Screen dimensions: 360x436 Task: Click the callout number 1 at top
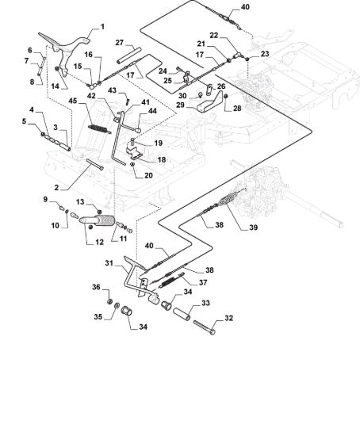click(x=102, y=27)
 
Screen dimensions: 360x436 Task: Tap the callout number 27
click(x=120, y=43)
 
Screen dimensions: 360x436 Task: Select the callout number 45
click(x=73, y=101)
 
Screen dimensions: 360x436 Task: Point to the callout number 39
click(x=253, y=228)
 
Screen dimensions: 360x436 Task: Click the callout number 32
click(x=228, y=318)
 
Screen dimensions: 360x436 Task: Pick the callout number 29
click(x=180, y=105)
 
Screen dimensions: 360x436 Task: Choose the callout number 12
click(x=99, y=242)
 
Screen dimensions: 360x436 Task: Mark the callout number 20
click(x=148, y=175)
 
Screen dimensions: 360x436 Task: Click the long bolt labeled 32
click(x=205, y=327)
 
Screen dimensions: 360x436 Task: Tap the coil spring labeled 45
click(x=99, y=129)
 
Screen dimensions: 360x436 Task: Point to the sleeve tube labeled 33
click(x=182, y=313)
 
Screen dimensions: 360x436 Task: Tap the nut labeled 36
click(x=109, y=301)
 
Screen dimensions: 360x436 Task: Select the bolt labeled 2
click(x=95, y=164)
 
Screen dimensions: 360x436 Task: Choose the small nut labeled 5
click(x=43, y=134)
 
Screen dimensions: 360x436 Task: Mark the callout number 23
click(x=265, y=53)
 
